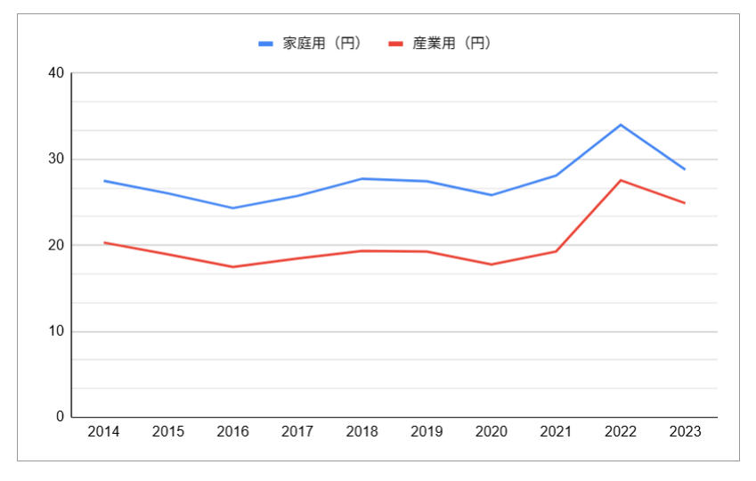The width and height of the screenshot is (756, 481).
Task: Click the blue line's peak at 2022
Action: (621, 125)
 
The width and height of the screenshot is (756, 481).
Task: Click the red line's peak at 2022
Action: (621, 180)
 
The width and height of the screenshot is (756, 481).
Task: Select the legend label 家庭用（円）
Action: (321, 43)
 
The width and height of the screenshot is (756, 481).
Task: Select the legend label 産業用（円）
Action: (452, 43)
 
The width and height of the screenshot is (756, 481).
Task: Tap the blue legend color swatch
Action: (266, 43)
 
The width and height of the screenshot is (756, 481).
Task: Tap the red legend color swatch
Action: (397, 43)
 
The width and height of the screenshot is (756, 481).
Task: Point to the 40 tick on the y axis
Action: (56, 73)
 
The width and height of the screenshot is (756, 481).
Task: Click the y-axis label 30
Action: (56, 159)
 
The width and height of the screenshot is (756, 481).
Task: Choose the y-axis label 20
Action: (56, 245)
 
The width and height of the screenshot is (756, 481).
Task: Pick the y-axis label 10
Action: (56, 331)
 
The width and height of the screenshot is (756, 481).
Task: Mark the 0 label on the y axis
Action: (60, 417)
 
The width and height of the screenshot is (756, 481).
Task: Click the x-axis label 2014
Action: (104, 432)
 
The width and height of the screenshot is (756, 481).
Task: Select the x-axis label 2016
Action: (233, 432)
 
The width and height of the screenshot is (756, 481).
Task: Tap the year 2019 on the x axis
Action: (427, 432)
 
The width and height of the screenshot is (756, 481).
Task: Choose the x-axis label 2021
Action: (556, 432)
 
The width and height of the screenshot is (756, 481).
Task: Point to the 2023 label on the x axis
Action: (685, 432)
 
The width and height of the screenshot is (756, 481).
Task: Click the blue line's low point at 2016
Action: (233, 208)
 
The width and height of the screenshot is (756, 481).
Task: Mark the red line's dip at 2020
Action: (492, 265)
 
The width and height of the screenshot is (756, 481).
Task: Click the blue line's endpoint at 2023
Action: (685, 169)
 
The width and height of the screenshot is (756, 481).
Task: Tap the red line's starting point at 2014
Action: (104, 242)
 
